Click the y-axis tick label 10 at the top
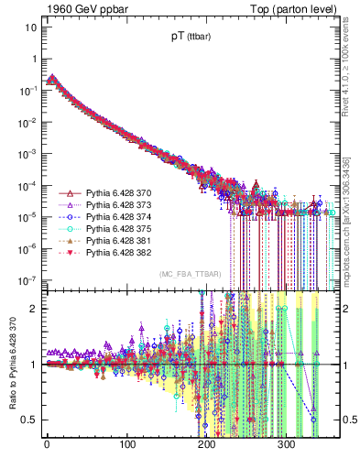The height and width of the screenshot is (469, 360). point(30,27)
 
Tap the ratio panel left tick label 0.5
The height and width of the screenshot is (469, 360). point(29,420)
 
